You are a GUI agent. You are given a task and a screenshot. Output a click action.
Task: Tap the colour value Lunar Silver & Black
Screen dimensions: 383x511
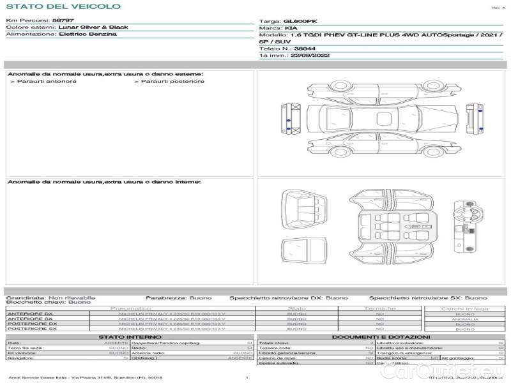click(93, 27)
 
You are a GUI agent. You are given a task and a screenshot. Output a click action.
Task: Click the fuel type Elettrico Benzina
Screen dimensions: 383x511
click(88, 34)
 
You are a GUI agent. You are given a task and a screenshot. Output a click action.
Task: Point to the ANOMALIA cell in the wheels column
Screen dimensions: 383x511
click(464, 319)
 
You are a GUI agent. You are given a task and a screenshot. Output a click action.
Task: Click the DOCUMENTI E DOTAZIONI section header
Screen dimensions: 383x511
click(381, 336)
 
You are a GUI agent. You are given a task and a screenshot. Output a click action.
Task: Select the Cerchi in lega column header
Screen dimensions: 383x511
click(464, 308)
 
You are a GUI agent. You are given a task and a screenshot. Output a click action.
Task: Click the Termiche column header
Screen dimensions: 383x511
click(380, 308)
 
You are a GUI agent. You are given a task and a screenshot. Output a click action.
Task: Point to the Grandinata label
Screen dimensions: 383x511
click(26, 297)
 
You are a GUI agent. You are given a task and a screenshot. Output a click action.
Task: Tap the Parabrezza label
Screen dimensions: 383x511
click(165, 297)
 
